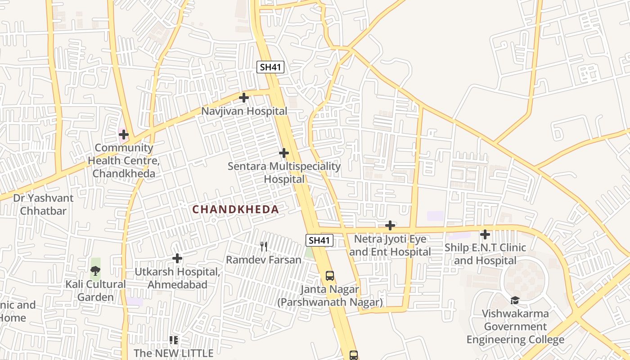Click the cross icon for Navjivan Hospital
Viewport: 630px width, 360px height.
pyautogui.click(x=243, y=98)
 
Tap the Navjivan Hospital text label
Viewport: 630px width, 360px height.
pyautogui.click(x=244, y=111)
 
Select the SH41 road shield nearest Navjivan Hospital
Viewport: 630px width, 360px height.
pyautogui.click(x=270, y=67)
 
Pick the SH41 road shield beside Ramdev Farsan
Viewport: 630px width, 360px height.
pyautogui.click(x=319, y=240)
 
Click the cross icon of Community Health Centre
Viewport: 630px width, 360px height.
pyautogui.click(x=123, y=135)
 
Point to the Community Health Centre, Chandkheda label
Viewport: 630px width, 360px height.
pyautogui.click(x=124, y=161)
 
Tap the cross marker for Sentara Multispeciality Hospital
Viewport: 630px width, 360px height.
pyautogui.click(x=283, y=153)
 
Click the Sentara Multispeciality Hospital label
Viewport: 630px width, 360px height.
pyautogui.click(x=284, y=172)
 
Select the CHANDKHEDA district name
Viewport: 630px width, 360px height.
pyautogui.click(x=236, y=209)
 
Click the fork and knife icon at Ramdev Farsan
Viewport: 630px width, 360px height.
pyautogui.click(x=264, y=246)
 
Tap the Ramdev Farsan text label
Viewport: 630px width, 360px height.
pyautogui.click(x=264, y=260)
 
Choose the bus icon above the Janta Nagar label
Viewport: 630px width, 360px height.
pyautogui.click(x=330, y=276)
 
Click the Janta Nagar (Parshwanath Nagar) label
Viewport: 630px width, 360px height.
pyautogui.click(x=330, y=296)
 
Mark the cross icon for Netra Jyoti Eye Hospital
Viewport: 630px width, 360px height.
pyautogui.click(x=390, y=225)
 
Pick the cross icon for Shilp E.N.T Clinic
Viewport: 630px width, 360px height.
pyautogui.click(x=485, y=234)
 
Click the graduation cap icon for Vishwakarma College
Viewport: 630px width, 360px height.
pyautogui.click(x=515, y=300)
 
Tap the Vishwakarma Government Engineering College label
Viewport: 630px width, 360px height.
pyautogui.click(x=515, y=326)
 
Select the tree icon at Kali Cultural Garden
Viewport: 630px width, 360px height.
pyautogui.click(x=95, y=271)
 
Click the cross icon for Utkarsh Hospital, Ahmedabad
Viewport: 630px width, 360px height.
pyautogui.click(x=177, y=258)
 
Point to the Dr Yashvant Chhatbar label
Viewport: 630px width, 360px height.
pyautogui.click(x=43, y=204)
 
